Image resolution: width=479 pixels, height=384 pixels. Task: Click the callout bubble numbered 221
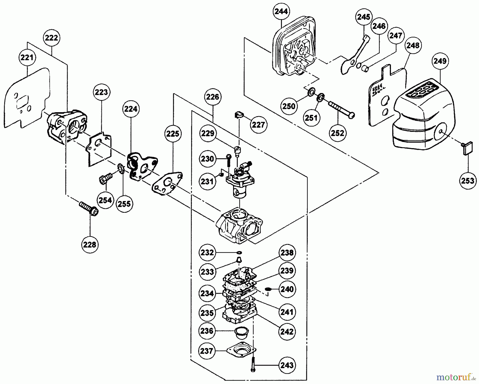[27, 57]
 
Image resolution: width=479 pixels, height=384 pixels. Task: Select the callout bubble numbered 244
[281, 11]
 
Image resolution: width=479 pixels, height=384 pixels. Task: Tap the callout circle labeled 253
[468, 181]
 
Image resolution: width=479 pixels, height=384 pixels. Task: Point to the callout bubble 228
[90, 244]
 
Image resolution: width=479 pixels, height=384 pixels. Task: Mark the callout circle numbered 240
[287, 289]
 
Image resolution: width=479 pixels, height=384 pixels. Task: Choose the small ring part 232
[239, 252]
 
